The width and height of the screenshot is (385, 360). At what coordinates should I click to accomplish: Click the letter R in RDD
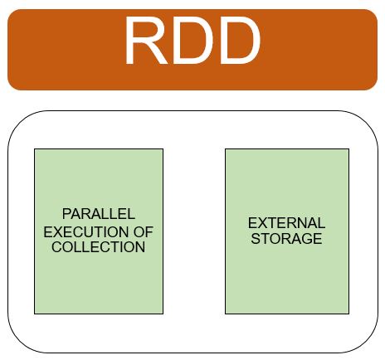[147, 41]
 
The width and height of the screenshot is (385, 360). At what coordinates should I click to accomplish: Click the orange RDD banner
[192, 50]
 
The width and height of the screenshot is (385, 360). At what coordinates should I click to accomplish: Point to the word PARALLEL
[99, 214]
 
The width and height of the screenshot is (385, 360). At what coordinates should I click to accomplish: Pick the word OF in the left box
[144, 231]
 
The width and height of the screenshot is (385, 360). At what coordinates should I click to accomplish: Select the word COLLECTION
[99, 247]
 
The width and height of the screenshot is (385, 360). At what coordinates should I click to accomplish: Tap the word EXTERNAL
[286, 223]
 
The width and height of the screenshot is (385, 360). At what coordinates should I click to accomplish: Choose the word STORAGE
[286, 238]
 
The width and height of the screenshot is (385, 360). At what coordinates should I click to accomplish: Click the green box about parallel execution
[99, 231]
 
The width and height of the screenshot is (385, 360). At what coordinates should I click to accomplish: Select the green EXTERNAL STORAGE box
[287, 231]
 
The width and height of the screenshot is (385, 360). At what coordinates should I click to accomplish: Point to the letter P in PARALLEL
[66, 214]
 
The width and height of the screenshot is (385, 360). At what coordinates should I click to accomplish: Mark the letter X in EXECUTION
[58, 231]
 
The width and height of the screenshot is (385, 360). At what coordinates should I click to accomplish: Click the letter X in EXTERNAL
[262, 223]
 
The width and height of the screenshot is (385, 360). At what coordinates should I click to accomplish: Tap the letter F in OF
[149, 231]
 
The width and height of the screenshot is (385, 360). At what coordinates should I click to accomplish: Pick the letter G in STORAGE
[307, 238]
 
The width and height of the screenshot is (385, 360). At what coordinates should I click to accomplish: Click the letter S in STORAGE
[256, 238]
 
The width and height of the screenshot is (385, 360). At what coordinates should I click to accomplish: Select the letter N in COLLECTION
[140, 247]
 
